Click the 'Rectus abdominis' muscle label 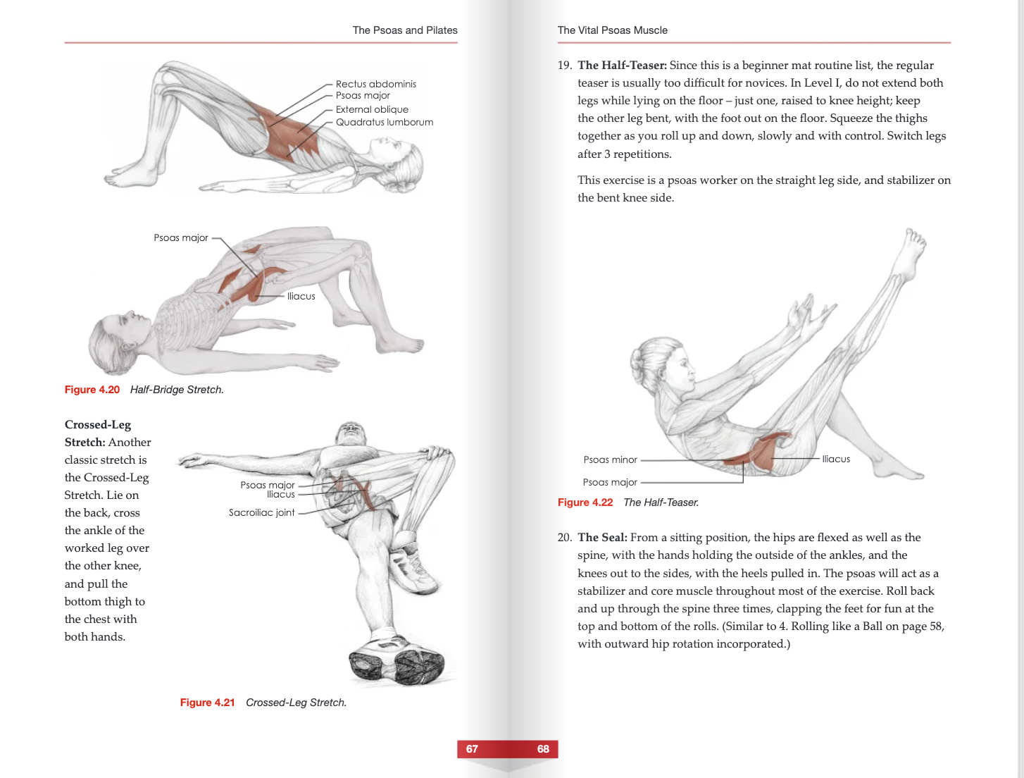[x=375, y=84]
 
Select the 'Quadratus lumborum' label [x=384, y=122]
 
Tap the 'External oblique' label [x=372, y=109]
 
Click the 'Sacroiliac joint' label [x=261, y=512]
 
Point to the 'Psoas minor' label [x=610, y=459]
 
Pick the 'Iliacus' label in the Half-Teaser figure [x=835, y=459]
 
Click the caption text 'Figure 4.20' [x=92, y=390]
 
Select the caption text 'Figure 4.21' [x=207, y=703]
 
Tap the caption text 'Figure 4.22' [x=585, y=502]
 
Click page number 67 [x=472, y=749]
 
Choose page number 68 [x=543, y=749]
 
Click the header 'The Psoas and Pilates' [x=405, y=30]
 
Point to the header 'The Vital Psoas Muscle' [x=613, y=30]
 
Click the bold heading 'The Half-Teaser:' [x=622, y=66]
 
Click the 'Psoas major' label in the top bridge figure [x=363, y=96]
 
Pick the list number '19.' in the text [x=564, y=66]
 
